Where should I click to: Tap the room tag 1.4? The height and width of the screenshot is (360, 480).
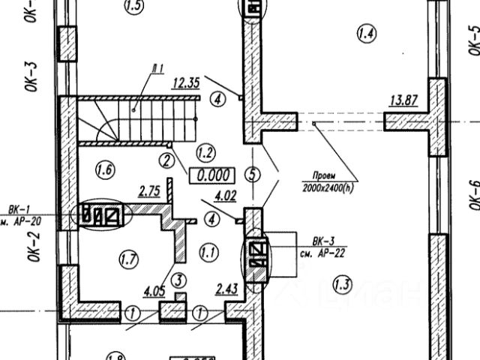[367, 33]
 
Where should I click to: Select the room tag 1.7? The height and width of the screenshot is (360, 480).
[130, 260]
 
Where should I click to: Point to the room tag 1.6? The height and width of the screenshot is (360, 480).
[106, 169]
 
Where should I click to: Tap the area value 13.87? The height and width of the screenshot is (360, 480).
[403, 99]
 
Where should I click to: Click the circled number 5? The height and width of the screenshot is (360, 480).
[252, 175]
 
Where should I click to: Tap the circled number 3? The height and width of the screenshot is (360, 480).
[178, 280]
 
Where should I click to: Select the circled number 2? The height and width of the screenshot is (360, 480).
[166, 159]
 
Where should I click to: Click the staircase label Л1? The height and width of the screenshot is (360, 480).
[156, 70]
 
